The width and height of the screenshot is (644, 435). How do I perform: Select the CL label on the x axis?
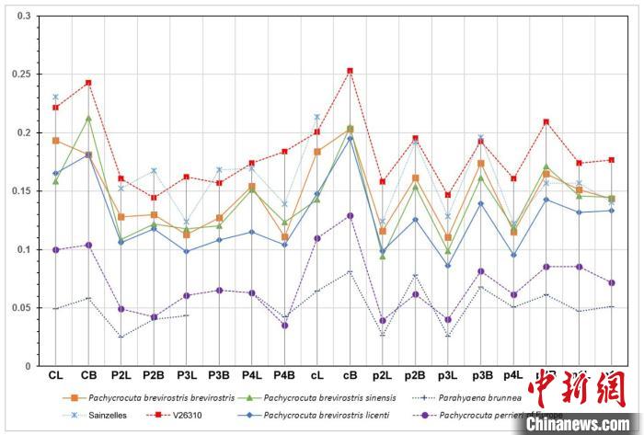(56, 375)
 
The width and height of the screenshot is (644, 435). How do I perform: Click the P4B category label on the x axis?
(284, 375)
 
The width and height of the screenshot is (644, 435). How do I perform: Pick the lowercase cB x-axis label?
(350, 375)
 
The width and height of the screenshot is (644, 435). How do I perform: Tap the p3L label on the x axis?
(447, 375)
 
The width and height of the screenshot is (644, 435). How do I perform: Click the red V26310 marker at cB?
(350, 71)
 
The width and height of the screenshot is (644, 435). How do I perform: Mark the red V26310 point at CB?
(88, 83)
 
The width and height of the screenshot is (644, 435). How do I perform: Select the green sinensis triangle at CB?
(88, 119)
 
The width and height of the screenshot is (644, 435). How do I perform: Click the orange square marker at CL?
(56, 141)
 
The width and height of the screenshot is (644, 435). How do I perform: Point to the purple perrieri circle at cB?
(350, 215)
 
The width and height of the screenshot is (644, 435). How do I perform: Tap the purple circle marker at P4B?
(284, 326)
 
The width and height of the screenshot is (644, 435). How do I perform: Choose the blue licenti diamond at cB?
(350, 138)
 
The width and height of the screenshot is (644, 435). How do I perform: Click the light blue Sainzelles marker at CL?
(56, 97)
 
